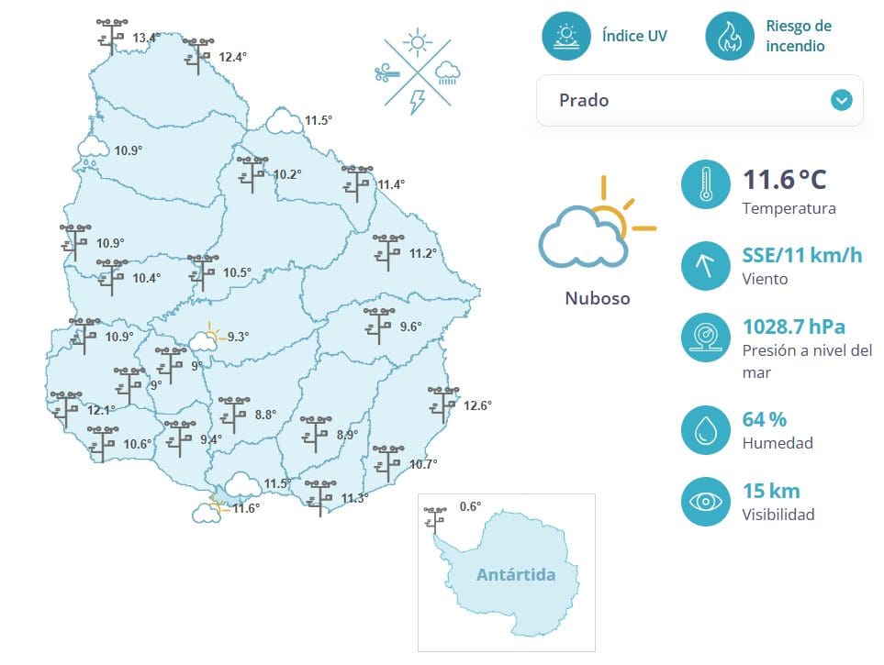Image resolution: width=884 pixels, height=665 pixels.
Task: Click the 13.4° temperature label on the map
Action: [146, 38]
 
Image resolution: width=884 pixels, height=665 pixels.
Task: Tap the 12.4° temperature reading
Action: [233, 57]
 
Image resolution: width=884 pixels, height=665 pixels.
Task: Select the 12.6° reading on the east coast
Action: [477, 405]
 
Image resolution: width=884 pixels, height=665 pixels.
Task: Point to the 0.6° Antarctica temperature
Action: [470, 506]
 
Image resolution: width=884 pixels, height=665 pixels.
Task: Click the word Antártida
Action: [516, 575]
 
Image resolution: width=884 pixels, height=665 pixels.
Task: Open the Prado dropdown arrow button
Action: [842, 100]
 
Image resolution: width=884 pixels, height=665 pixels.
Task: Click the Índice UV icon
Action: [566, 36]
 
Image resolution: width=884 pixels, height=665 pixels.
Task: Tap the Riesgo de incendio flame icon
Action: [730, 36]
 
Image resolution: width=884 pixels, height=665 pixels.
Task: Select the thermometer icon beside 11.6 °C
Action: [705, 183]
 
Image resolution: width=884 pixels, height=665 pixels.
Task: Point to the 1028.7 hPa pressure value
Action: [793, 327]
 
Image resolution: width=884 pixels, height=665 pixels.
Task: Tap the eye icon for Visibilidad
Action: [705, 502]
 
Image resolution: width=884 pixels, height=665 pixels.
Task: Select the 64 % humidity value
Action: [764, 420]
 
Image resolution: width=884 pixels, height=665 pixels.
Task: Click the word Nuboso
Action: [598, 298]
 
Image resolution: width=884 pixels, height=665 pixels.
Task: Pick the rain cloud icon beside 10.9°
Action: [93, 150]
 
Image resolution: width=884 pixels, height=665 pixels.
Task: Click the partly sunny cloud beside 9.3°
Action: [206, 338]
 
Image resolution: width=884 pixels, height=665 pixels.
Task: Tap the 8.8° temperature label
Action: [265, 415]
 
